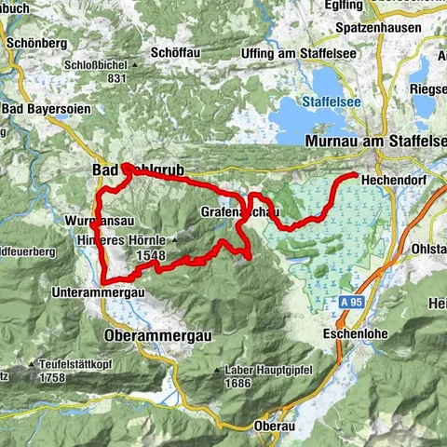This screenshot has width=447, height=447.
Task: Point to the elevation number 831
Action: pos(115,79)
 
